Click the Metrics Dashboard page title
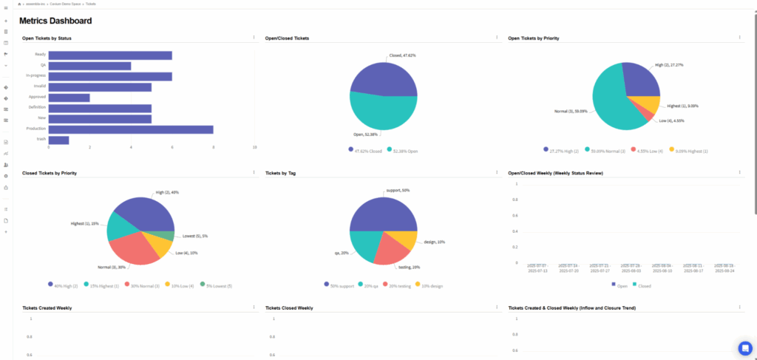55,21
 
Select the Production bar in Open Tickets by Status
131,129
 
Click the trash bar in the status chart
58,140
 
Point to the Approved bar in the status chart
69,97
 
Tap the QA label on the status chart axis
44,65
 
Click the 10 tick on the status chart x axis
254,148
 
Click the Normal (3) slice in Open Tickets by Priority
610,103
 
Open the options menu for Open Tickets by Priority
739,38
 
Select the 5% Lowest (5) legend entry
219,285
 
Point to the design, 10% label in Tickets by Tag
434,242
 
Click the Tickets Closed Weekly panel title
289,308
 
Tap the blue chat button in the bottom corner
744,348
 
